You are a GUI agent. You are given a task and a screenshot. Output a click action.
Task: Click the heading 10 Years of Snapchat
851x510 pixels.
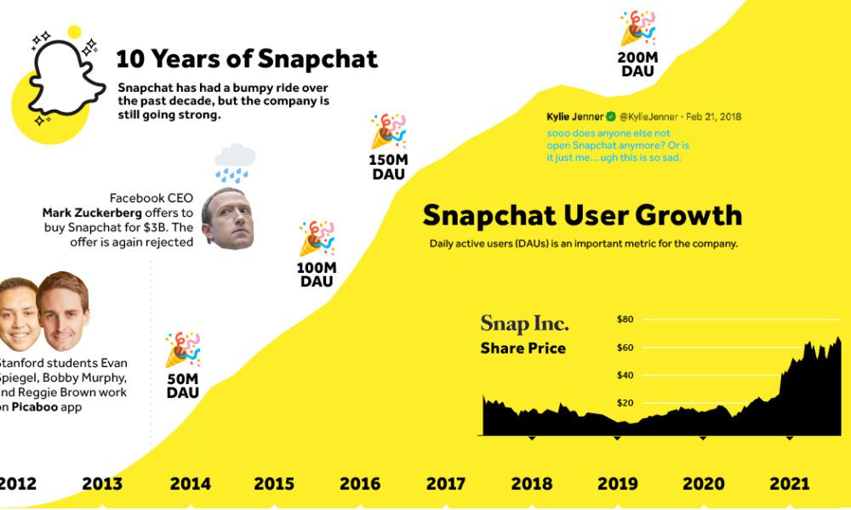[x=247, y=59]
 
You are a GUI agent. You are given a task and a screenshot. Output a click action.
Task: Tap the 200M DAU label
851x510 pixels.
[x=637, y=65]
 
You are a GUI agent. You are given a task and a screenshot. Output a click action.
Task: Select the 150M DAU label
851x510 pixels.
[x=388, y=167]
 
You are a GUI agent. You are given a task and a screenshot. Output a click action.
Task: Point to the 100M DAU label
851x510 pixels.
[x=317, y=274]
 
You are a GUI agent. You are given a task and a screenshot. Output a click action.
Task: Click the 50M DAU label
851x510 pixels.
[x=183, y=385]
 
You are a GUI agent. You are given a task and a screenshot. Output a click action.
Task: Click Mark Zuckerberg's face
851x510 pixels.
[x=227, y=218]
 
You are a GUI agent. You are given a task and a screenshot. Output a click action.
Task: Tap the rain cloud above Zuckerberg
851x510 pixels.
[x=235, y=162]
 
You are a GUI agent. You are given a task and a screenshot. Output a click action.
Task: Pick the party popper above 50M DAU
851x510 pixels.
[x=182, y=349]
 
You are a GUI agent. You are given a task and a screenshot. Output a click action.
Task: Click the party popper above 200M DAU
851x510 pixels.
[x=637, y=29]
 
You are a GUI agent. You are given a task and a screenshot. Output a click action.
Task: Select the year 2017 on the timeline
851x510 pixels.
[x=445, y=484]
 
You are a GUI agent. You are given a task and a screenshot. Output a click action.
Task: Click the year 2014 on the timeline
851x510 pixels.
[x=190, y=484]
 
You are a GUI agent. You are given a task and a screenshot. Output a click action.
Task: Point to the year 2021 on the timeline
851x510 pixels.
[x=789, y=484]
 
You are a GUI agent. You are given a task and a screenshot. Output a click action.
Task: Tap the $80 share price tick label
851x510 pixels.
[x=625, y=320]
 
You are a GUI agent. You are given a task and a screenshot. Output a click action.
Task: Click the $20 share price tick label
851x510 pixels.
[x=625, y=403]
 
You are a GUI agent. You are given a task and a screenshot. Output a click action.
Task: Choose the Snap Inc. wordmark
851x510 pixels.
[x=524, y=324]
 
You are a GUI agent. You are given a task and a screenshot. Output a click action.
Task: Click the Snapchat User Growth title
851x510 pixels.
[x=582, y=215]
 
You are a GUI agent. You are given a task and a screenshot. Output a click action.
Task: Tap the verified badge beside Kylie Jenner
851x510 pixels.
[x=610, y=116]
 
